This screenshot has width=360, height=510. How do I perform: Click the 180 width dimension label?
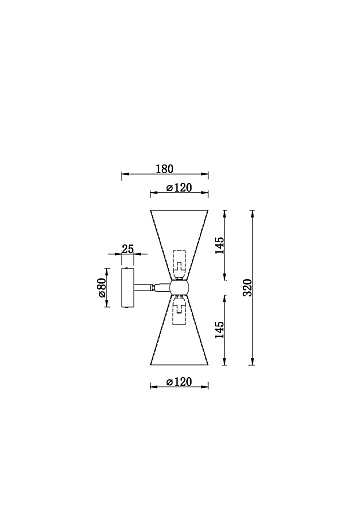(165, 169)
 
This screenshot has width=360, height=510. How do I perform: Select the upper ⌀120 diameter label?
(179, 188)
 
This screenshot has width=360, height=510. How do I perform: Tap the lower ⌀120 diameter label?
(179, 381)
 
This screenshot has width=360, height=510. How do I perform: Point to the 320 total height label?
(248, 287)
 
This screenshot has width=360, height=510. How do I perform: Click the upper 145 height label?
(219, 246)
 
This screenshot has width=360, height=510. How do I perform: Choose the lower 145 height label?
(219, 330)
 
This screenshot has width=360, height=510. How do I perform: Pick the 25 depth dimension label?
(128, 249)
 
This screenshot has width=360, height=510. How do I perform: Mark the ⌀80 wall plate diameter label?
(101, 288)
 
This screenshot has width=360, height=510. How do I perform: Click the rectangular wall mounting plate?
(128, 287)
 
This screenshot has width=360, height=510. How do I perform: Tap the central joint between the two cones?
(180, 287)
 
